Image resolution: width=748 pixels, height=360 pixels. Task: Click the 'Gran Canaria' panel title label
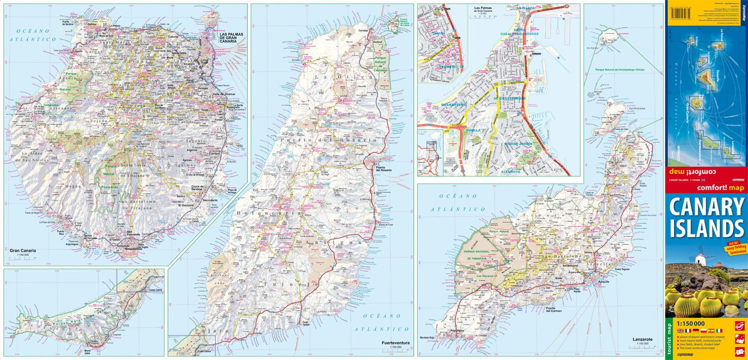pyautogui.click(x=22, y=251)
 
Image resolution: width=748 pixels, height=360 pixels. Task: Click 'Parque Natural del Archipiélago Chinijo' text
pyautogui.click(x=620, y=70)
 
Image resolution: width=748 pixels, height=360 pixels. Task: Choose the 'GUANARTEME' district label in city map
pyautogui.click(x=453, y=104)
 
